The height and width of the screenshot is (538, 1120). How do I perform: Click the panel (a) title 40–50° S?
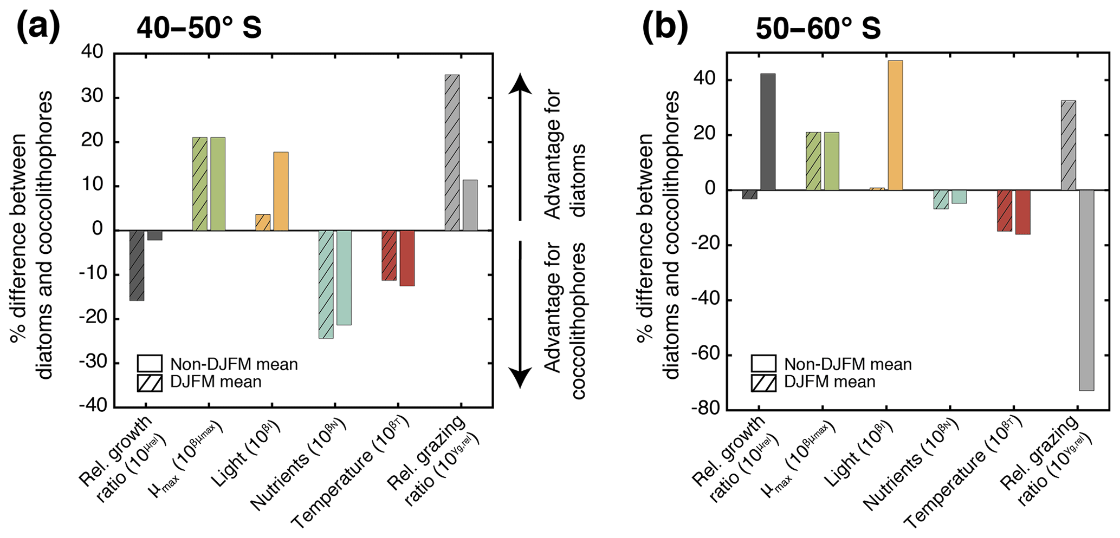tap(199, 27)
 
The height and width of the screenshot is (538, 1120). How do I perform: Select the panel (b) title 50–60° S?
tap(818, 29)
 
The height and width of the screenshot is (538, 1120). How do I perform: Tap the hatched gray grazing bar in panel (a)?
tap(452, 153)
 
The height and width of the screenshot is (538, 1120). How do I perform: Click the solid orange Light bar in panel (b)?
tap(895, 125)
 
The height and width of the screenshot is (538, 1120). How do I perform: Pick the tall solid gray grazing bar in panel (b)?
tap(1086, 290)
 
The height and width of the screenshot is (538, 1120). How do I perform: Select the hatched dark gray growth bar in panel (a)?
tap(137, 265)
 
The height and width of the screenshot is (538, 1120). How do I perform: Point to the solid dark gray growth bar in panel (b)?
tap(768, 132)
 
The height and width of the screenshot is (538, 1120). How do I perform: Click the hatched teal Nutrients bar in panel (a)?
tap(326, 284)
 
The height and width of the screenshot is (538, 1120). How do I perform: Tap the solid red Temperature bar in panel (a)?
tap(407, 258)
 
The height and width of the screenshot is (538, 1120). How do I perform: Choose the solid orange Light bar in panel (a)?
tap(281, 191)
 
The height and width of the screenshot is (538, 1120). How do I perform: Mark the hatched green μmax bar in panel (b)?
tap(813, 161)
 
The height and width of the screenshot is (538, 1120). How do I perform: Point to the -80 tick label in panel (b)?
tap(704, 410)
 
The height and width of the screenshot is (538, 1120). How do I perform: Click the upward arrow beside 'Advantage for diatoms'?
tap(520, 146)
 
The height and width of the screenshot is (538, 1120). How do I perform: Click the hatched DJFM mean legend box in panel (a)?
tap(150, 383)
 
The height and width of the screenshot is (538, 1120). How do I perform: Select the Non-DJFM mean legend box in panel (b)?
tap(763, 364)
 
